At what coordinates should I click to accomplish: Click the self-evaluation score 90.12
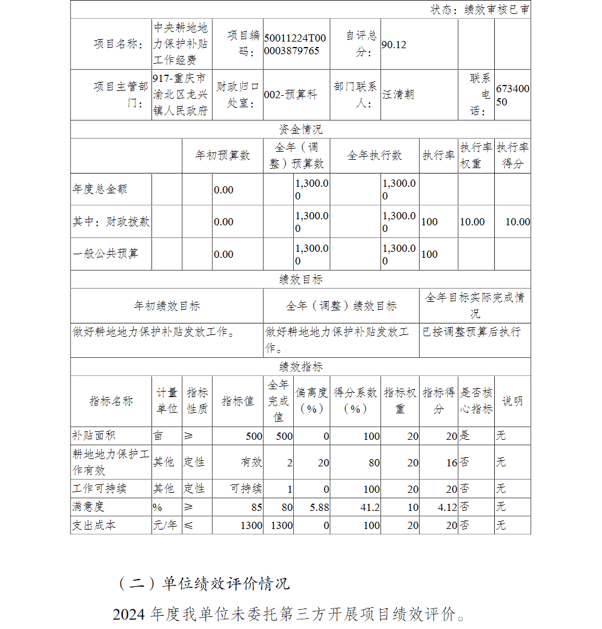tap(394, 45)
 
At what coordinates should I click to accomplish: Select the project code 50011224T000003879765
tap(295, 45)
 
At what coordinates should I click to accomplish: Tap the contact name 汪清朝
tap(398, 95)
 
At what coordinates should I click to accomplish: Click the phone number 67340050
tap(513, 95)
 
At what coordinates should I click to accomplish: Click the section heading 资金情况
tap(300, 130)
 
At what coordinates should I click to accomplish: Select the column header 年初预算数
tap(222, 155)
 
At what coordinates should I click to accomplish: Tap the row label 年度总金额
tap(100, 189)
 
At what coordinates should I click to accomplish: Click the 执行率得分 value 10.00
tap(517, 222)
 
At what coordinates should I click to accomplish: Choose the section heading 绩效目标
tap(300, 280)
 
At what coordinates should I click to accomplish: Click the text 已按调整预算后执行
tap(471, 332)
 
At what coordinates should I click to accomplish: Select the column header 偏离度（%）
tap(312, 401)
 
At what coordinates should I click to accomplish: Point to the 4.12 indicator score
tap(447, 507)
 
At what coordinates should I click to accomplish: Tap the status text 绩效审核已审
tap(497, 9)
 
